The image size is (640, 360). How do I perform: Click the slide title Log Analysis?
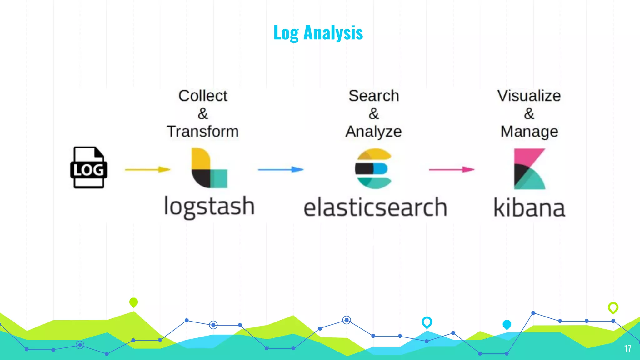coord(318,32)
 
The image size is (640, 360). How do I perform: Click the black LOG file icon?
coord(89,167)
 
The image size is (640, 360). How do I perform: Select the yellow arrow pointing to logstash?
coord(147,169)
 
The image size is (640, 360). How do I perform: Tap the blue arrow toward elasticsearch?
coord(281,169)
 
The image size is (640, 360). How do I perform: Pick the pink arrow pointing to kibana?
coord(452,169)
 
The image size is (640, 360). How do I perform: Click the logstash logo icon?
coord(209,168)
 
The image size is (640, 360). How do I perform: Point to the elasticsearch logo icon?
coord(373,168)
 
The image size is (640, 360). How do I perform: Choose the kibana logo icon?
coord(529,169)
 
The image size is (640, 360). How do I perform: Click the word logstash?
coord(209,207)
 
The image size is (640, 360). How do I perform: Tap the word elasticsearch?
coord(375,207)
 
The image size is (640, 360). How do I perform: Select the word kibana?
coord(529,207)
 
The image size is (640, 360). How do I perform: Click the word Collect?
coord(203,96)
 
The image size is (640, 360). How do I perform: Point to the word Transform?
coord(203,131)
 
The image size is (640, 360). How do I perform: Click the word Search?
coord(374,96)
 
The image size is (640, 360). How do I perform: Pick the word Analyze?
coord(373,132)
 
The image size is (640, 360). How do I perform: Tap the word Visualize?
coord(529,96)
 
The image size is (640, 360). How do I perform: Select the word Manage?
coord(529,132)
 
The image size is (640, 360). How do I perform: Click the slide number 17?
coord(627,349)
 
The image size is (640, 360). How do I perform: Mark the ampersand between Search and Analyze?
coord(374,113)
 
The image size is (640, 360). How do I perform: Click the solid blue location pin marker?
coord(507,325)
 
